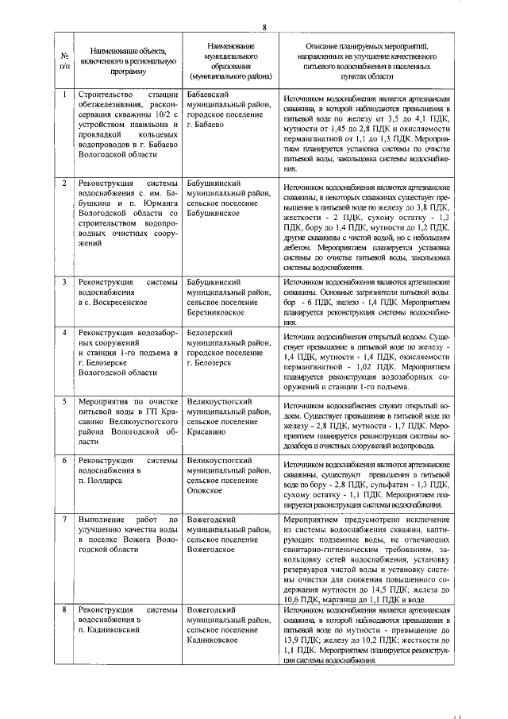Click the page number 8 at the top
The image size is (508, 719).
[x=264, y=29]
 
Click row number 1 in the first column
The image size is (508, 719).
[x=64, y=95]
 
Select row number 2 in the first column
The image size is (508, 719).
[x=64, y=184]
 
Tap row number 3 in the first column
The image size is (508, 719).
[x=64, y=282]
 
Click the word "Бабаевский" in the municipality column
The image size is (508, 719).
[x=210, y=95]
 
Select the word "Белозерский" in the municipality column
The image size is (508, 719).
[x=211, y=333]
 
